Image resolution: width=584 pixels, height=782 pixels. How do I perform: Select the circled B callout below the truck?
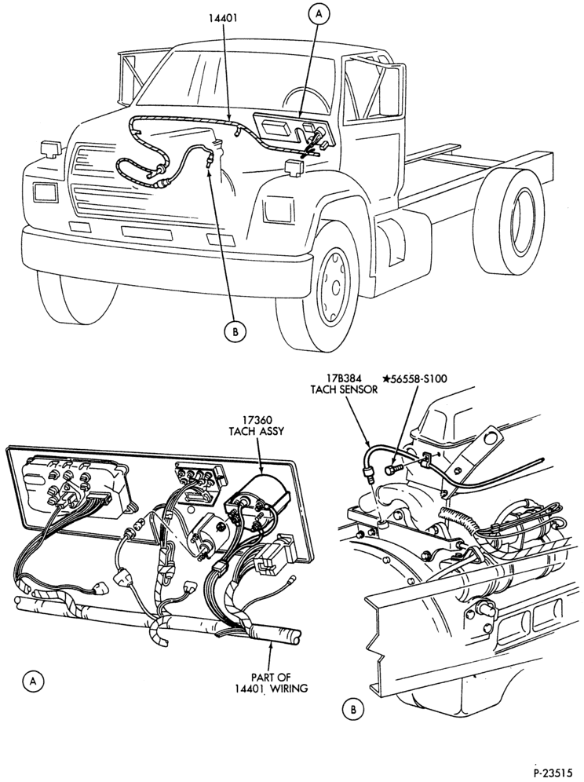point(235,331)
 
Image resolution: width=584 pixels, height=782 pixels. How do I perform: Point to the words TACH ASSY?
point(256,431)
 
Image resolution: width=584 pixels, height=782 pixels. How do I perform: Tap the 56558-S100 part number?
point(418,378)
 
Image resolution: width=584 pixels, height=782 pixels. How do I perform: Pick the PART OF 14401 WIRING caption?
point(272,683)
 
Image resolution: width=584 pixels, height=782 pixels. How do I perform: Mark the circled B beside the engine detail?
point(353,709)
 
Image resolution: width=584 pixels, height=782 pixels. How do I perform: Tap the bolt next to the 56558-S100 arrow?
point(393,470)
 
